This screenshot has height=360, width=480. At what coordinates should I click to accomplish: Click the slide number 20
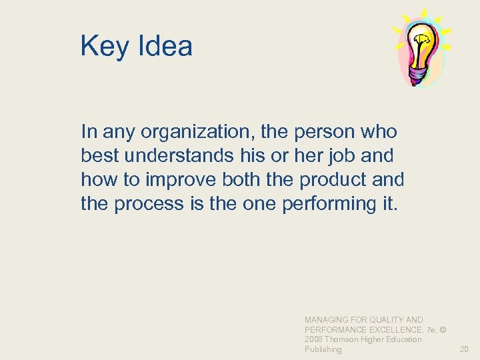coord(464,349)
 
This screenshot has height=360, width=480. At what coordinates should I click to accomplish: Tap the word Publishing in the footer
coord(323,349)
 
